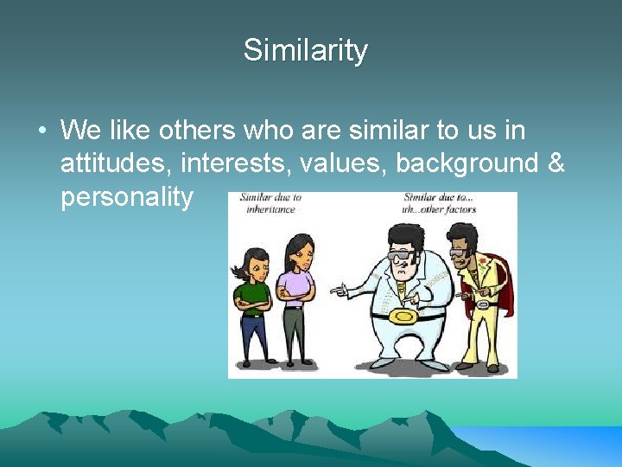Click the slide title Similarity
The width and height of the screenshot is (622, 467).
pyautogui.click(x=305, y=50)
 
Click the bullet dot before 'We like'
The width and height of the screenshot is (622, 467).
pyautogui.click(x=41, y=132)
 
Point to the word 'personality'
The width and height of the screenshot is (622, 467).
pyautogui.click(x=127, y=196)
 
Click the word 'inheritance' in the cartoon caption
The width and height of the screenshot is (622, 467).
pyautogui.click(x=269, y=209)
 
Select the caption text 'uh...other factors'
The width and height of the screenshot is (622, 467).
pyautogui.click(x=438, y=209)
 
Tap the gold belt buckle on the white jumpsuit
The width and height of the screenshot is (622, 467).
pyautogui.click(x=402, y=316)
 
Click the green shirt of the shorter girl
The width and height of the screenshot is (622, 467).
pyautogui.click(x=251, y=294)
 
